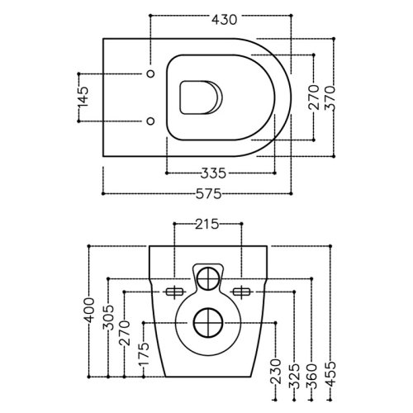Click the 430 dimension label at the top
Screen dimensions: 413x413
pos(224,20)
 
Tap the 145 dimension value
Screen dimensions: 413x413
pos(83,97)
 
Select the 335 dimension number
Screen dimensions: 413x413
pos(213,173)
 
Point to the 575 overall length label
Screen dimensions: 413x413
pos(208,194)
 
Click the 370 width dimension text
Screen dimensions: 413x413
pos(330,97)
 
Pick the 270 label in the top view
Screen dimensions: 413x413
pos(314,97)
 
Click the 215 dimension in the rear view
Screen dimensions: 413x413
pos(207,224)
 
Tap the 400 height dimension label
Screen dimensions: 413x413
pos(89,310)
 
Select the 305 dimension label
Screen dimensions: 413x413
pos(108,317)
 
